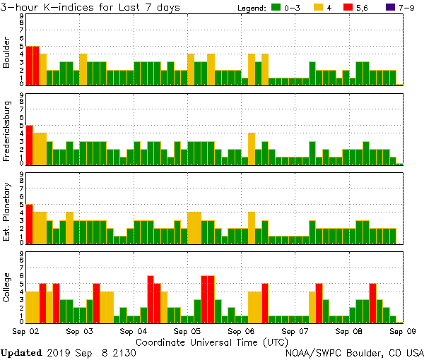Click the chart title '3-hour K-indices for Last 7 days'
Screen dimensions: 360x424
[90, 7]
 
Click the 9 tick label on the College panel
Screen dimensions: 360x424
[21, 254]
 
